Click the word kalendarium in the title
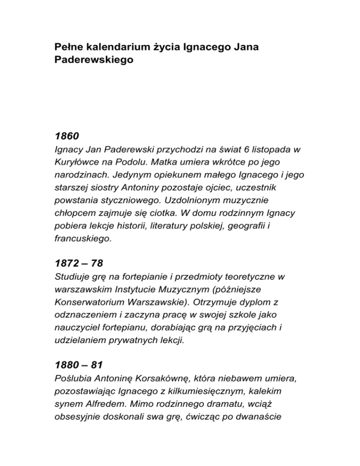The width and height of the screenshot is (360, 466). pos(113,48)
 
